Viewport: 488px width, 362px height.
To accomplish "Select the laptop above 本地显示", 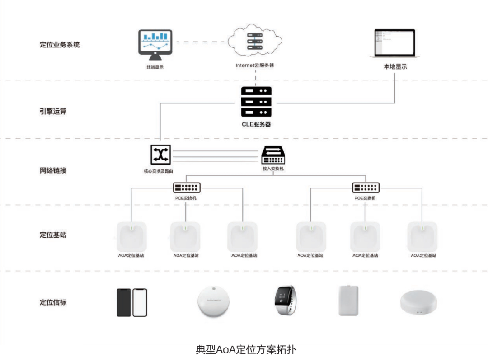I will [394, 44].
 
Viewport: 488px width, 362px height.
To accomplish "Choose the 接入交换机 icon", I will [273, 155].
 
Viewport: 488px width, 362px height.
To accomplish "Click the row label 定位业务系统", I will [60, 45].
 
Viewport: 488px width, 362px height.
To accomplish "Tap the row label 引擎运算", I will [53, 111].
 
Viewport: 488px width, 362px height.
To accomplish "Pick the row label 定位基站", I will [53, 235].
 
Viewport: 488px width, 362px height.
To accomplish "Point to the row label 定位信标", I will [53, 302].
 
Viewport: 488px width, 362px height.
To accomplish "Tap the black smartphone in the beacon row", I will [124, 302].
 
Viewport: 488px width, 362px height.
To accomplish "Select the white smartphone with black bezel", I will [140, 302].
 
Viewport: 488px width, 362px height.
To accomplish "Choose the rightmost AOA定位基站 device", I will [422, 236].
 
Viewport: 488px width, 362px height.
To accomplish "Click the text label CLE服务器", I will [256, 124].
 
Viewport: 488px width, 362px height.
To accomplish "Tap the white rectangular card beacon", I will [350, 301].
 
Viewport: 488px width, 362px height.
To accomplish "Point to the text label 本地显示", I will [395, 66].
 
